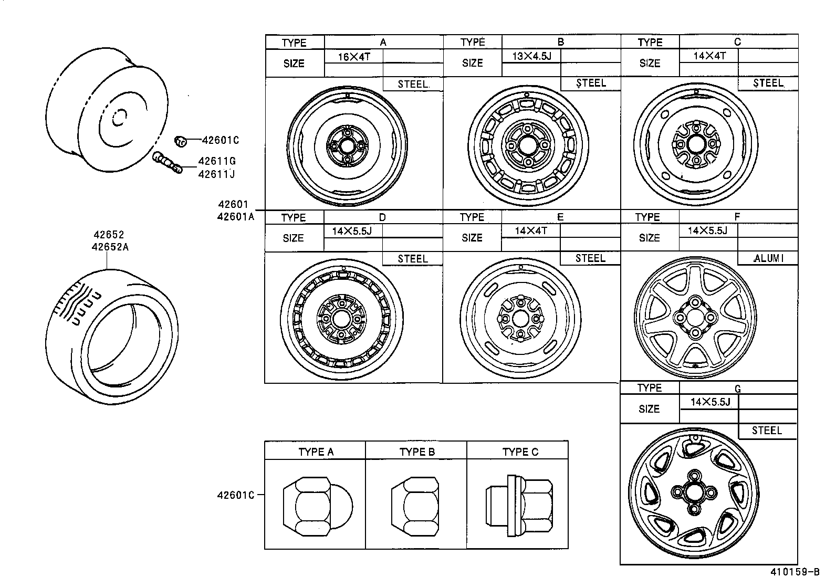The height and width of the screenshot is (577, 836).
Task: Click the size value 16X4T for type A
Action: [x=353, y=57]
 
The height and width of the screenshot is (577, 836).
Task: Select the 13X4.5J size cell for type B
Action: [x=531, y=56]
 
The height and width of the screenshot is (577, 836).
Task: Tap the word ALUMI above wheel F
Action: [x=768, y=258]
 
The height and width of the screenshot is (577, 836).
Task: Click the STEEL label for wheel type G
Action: [x=767, y=431]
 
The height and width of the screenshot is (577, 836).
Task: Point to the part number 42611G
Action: [x=216, y=162]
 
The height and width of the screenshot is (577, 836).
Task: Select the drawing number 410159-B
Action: [x=795, y=572]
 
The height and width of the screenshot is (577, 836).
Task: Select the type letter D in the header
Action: [x=382, y=217]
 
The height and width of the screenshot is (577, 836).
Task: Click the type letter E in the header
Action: [x=560, y=217]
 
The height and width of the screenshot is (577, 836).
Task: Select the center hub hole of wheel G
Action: [x=693, y=492]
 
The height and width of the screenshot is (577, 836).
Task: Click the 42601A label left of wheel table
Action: [x=235, y=216]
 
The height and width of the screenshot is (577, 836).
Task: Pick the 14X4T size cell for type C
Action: [x=709, y=56]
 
